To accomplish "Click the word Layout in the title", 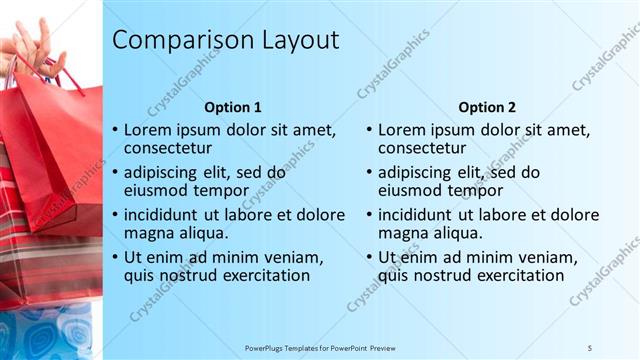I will [298, 41].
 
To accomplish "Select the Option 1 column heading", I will [233, 107].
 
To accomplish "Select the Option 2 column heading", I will [487, 107].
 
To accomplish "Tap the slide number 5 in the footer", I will [589, 347].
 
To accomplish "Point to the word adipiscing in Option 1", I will [166, 172].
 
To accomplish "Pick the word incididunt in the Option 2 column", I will [418, 215].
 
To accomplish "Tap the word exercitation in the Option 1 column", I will [264, 275].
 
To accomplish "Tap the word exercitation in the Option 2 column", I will [518, 275].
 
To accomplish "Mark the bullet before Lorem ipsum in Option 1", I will [116, 130].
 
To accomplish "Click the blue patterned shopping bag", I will [45, 330].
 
